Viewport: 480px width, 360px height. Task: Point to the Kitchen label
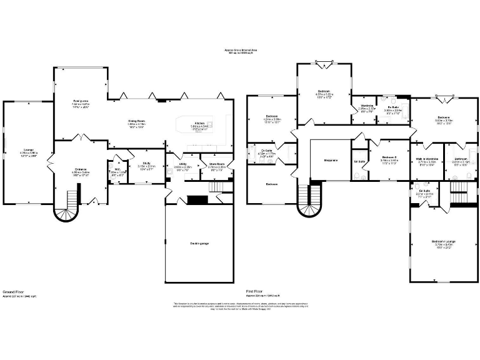[x=200, y=122]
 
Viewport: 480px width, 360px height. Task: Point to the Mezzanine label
[x=331, y=161]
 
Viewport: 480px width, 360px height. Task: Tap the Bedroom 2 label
[x=389, y=157]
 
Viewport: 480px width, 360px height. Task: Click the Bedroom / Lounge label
[x=442, y=242]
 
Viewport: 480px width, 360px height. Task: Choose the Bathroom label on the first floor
[x=461, y=159]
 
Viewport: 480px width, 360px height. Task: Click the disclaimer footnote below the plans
[x=241, y=306]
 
